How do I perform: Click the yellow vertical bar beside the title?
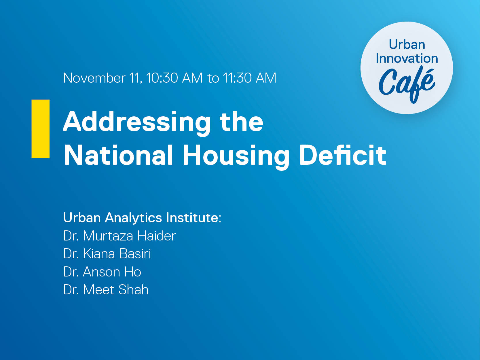point(40,129)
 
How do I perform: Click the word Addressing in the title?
point(137,123)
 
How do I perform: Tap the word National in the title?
point(119,155)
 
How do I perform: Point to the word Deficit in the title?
point(343,155)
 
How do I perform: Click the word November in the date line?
point(94,78)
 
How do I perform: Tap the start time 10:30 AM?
point(174,78)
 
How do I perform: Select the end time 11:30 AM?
point(249,78)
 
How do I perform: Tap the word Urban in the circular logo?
point(407,45)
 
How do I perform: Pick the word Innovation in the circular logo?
point(407,58)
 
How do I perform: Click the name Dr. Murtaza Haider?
point(119,236)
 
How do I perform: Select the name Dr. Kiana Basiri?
point(107,254)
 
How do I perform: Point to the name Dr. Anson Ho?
point(102,272)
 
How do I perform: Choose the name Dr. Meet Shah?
point(106,290)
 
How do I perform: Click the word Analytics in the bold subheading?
point(134,218)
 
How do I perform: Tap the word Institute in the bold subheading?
point(192,218)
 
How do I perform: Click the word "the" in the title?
point(241,121)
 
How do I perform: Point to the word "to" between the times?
point(213,78)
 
